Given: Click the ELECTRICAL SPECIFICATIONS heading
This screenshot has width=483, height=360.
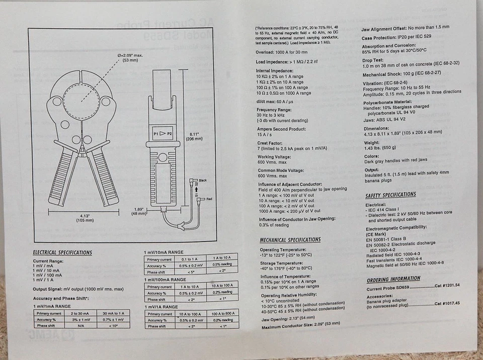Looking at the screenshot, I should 62,252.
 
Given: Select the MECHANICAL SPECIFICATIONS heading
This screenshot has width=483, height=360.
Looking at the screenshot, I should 290,240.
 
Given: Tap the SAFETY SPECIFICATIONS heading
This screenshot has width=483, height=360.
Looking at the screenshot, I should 390,195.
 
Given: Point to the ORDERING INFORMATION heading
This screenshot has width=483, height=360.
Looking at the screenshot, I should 393,279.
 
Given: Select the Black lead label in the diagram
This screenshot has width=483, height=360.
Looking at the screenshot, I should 203,180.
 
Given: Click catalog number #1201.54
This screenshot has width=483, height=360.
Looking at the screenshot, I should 447,286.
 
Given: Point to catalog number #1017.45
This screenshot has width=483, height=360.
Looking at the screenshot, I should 447,304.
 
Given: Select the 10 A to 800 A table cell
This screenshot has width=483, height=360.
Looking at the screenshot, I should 222,313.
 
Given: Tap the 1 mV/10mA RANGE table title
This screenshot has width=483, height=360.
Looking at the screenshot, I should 164,252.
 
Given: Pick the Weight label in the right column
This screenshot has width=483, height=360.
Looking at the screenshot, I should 372,142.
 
